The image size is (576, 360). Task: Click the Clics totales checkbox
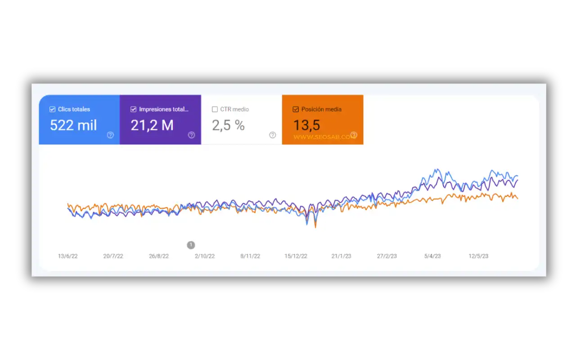coord(53,109)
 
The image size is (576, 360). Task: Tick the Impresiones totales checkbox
coord(133,109)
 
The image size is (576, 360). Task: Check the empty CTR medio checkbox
coord(215,109)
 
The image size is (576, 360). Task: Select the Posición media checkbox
coord(296,109)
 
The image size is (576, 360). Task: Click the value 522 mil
coord(73,125)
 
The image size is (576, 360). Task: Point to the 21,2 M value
coord(152,125)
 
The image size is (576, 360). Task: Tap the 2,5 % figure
coord(228,125)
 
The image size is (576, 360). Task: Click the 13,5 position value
coord(306,125)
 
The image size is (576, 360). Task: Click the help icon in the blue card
coord(110,135)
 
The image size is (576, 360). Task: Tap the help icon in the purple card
coord(191,135)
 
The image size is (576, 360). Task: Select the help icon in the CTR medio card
coord(272,135)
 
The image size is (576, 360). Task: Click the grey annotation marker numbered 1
coord(191,245)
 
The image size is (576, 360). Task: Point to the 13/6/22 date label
coord(68,256)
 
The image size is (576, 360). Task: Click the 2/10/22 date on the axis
coord(205,256)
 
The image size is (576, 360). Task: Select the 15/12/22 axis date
coord(296,256)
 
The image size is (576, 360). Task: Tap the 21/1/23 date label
coord(342,256)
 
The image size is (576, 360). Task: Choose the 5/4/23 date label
coord(432,256)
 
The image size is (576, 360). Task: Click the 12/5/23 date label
coord(478,256)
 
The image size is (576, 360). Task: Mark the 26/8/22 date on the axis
coord(159,256)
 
